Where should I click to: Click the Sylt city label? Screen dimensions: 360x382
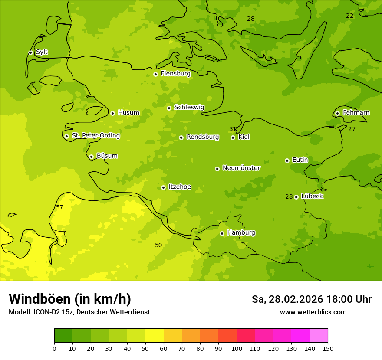42,52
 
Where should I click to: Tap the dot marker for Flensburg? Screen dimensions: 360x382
155,74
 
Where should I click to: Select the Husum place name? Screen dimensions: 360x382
128,113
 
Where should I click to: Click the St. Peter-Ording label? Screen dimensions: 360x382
96,136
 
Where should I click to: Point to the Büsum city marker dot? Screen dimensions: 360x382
91,157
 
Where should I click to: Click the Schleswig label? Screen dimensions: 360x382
189,107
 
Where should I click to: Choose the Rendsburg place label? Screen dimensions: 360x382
203,137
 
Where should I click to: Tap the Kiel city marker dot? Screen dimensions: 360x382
233,137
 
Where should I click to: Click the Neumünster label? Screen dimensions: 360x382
241,168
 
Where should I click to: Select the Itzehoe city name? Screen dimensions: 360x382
180,187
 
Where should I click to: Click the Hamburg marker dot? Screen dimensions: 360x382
222,233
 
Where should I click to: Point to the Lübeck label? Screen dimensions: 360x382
312,196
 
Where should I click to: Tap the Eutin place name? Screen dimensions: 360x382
300,160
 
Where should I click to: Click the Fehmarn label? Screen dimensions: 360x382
356,113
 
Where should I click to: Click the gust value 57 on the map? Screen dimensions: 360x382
59,208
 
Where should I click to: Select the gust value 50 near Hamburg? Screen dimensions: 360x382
158,245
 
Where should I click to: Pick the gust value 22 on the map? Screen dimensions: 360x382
349,16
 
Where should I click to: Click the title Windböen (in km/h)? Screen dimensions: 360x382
70,299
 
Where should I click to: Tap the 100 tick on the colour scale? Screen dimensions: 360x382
237,348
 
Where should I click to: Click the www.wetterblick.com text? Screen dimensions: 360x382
313,312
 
